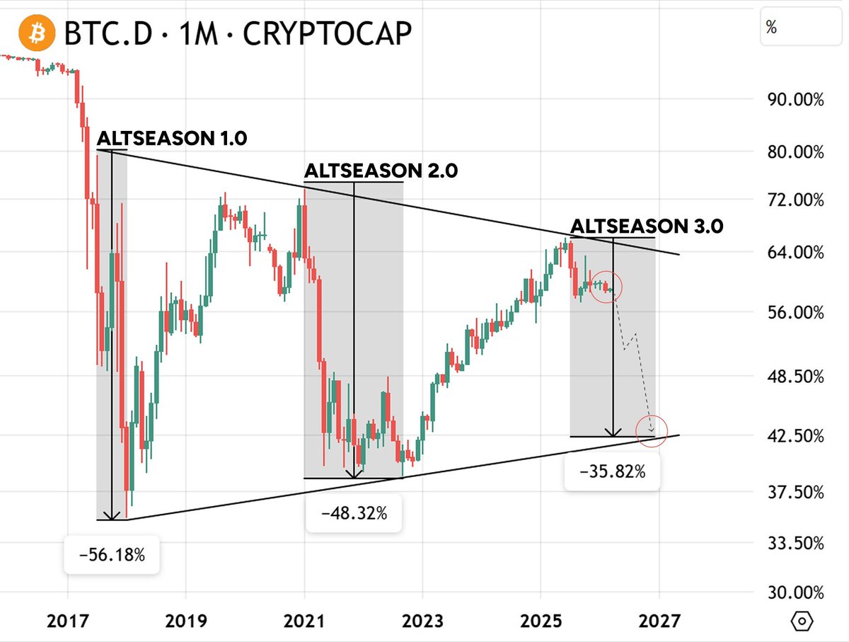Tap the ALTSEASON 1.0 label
(x=172, y=138)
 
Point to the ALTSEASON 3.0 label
(x=647, y=226)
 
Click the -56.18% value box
(x=112, y=554)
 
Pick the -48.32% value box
(x=354, y=513)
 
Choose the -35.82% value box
(x=612, y=471)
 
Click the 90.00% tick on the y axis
(x=795, y=100)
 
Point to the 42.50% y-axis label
(x=795, y=435)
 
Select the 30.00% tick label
(x=795, y=592)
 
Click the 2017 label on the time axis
(x=68, y=621)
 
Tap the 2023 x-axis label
(x=423, y=621)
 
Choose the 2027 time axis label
(x=659, y=621)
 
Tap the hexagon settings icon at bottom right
(x=802, y=621)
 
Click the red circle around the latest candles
(x=607, y=287)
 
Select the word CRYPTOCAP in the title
(x=327, y=33)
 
